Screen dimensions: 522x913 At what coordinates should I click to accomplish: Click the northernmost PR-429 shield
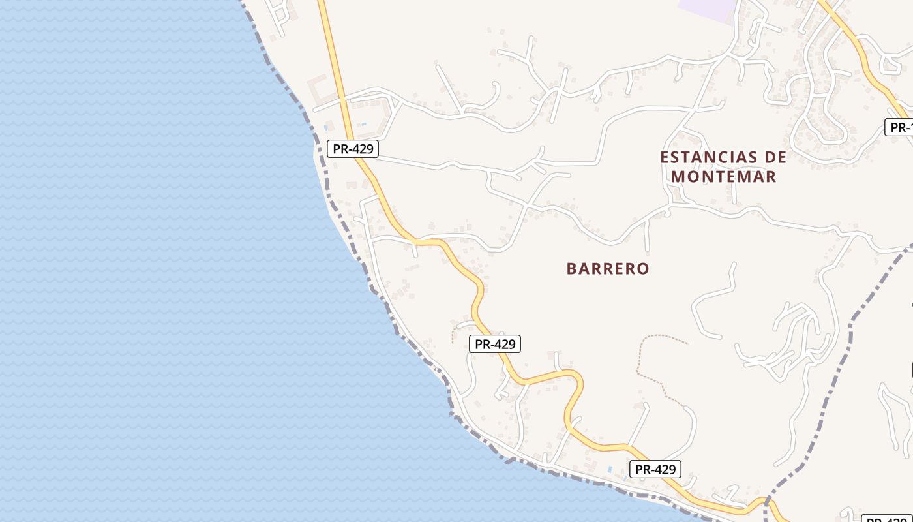tap(353, 149)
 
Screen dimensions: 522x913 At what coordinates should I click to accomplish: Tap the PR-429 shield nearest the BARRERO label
tap(495, 344)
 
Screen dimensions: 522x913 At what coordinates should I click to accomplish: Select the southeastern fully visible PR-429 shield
tap(655, 468)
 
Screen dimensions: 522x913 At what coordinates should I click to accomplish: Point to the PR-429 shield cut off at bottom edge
tap(888, 519)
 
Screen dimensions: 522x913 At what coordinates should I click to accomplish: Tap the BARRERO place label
tap(608, 269)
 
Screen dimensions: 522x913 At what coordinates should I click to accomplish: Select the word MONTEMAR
tap(724, 176)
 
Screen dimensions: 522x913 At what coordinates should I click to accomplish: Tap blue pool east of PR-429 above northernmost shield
tap(363, 124)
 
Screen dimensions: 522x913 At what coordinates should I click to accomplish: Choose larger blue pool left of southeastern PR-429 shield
tap(610, 469)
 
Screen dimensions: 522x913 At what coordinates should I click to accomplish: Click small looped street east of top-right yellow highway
tap(890, 64)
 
